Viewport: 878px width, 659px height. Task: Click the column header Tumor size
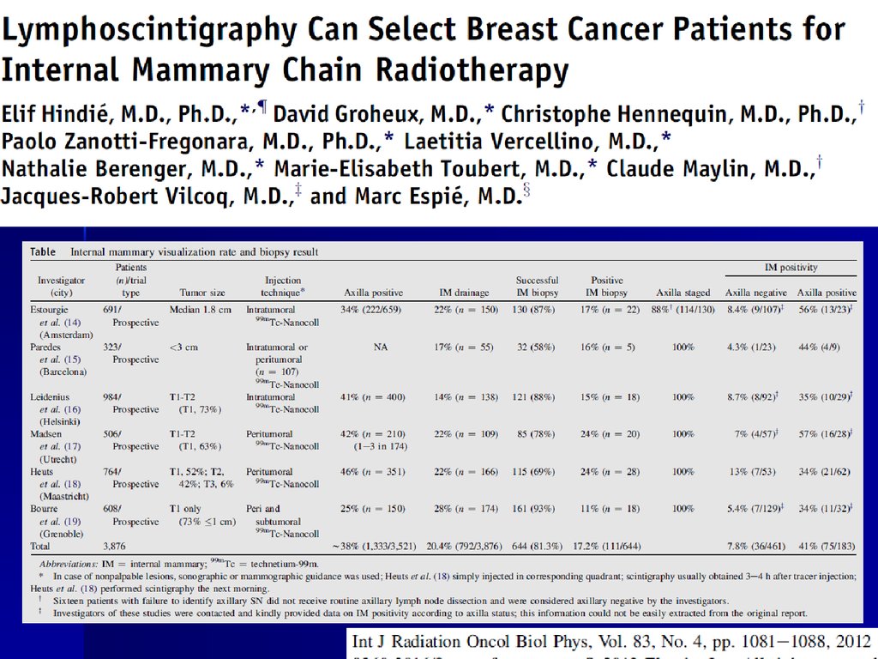click(202, 293)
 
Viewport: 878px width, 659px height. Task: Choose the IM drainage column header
click(464, 293)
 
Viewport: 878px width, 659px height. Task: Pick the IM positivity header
click(791, 268)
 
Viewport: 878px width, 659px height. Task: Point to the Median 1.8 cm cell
click(201, 309)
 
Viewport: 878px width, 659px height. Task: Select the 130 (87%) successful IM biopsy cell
click(537, 309)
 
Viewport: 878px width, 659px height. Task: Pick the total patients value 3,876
click(114, 546)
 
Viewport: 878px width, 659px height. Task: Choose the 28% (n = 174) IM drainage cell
click(464, 509)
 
